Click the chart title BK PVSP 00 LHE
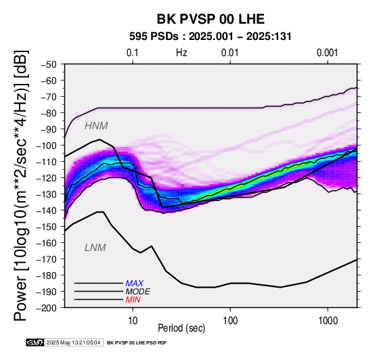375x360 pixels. click(211, 19)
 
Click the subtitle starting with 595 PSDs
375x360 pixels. click(211, 37)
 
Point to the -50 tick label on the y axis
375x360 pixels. click(49, 64)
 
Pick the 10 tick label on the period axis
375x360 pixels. click(133, 320)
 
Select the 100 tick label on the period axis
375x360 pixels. click(230, 320)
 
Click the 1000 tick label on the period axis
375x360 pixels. click(328, 320)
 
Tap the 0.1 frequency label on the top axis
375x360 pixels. click(133, 53)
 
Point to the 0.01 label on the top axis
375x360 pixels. click(230, 53)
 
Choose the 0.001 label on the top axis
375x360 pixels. click(328, 53)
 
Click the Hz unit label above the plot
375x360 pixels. click(181, 53)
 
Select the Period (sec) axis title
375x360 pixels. click(181, 328)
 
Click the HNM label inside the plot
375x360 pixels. click(96, 126)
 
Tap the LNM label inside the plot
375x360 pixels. click(95, 248)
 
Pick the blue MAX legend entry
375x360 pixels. click(135, 284)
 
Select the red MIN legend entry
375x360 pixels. click(133, 300)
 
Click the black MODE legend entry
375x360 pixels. click(138, 292)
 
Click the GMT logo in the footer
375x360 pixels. click(35, 343)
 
